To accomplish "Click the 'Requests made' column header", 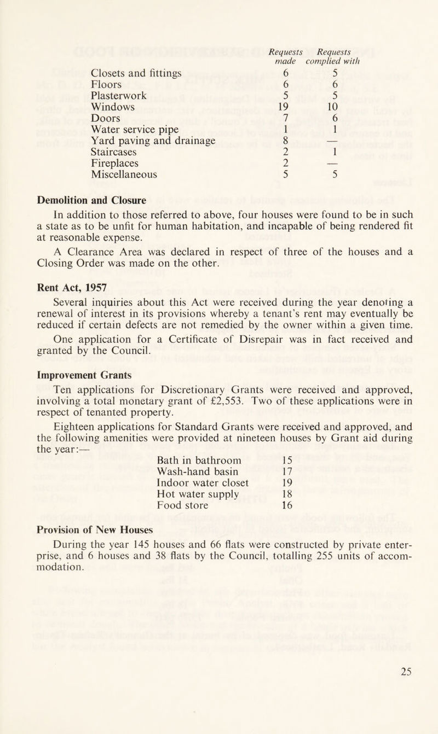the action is [284, 57].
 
